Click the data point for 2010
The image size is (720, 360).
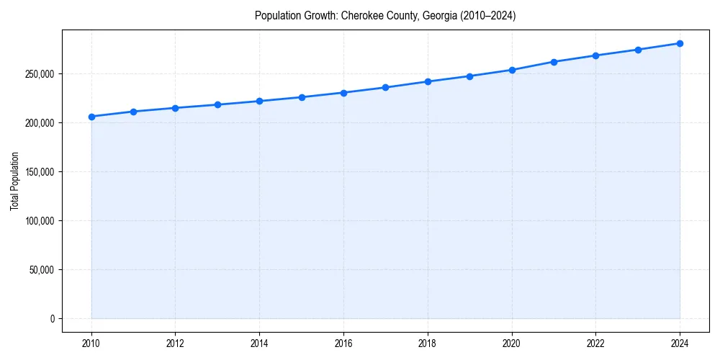pyautogui.click(x=91, y=117)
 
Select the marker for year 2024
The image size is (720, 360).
pyautogui.click(x=680, y=43)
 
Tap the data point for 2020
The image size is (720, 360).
pyautogui.click(x=512, y=70)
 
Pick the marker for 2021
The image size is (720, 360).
pyautogui.click(x=554, y=62)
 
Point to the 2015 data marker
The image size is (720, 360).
pyautogui.click(x=302, y=97)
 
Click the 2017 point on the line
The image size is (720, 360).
pyautogui.click(x=386, y=88)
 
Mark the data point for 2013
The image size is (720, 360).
pyautogui.click(x=217, y=105)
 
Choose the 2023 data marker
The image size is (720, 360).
pyautogui.click(x=638, y=50)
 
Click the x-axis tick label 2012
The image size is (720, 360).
pyautogui.click(x=176, y=344)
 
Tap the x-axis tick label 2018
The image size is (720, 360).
pyautogui.click(x=428, y=344)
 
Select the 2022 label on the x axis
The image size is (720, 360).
pyautogui.click(x=595, y=344)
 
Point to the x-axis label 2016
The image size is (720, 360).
pyautogui.click(x=343, y=344)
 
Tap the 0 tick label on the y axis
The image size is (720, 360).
pyautogui.click(x=52, y=319)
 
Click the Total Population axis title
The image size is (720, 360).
pyautogui.click(x=14, y=181)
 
